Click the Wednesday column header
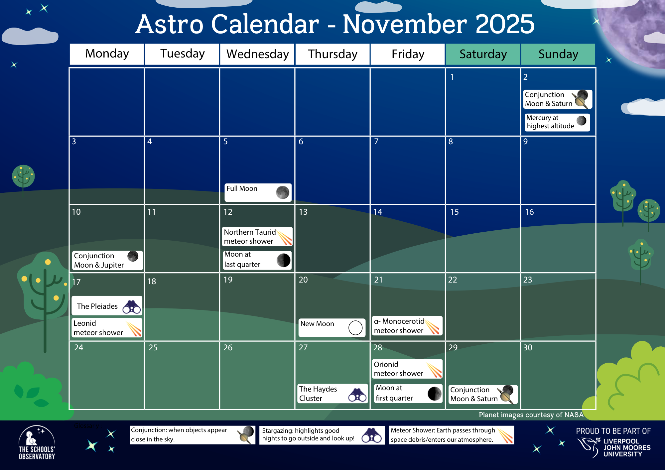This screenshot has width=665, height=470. point(257,54)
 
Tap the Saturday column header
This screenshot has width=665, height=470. point(483,54)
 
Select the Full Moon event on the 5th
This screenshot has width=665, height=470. point(258,192)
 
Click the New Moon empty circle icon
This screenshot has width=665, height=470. point(355,328)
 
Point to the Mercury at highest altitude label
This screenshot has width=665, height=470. point(550,122)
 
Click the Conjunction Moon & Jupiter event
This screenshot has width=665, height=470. point(107,260)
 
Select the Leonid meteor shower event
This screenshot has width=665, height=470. point(107,328)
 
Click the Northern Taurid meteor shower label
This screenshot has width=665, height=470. point(250,237)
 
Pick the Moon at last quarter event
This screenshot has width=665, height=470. point(257,260)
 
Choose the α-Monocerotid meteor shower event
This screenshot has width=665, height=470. point(407,326)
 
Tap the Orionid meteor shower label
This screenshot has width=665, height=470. point(398,369)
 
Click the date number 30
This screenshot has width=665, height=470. point(528,348)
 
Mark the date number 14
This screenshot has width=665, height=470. point(378,212)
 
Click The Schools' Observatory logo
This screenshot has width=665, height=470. point(37,443)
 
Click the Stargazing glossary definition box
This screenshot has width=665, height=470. point(322,435)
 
